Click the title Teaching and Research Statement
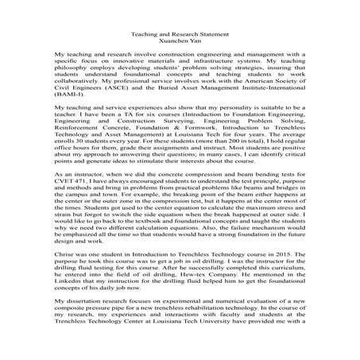[179, 35]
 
